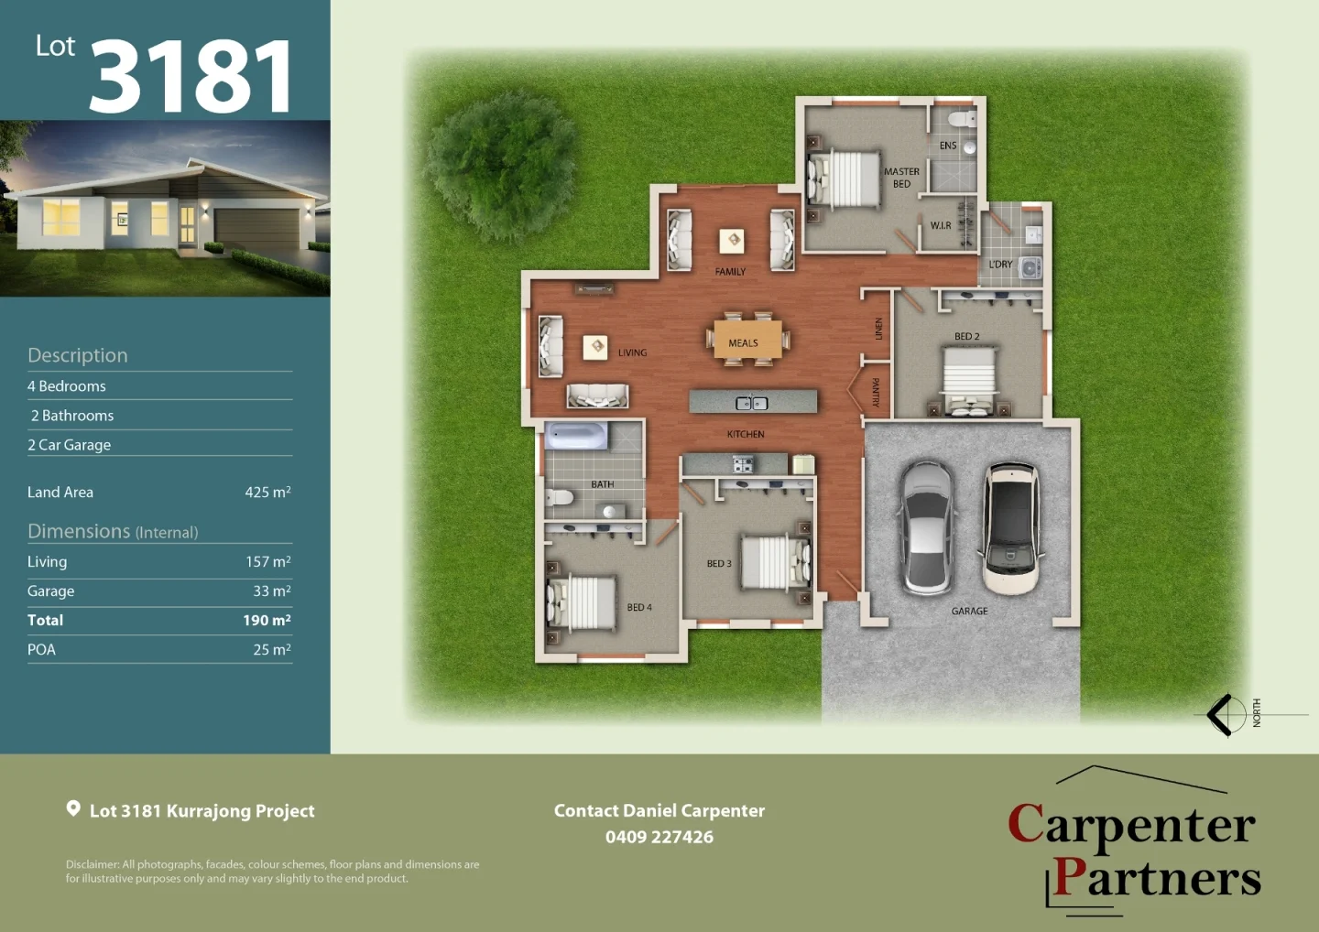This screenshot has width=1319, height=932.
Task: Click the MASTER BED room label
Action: (x=901, y=178)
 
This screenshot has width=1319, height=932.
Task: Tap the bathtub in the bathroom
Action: (x=576, y=436)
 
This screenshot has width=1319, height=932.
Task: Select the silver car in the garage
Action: (x=927, y=526)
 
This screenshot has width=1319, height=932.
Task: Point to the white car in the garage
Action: (x=1010, y=527)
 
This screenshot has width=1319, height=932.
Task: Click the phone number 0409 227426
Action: (x=659, y=837)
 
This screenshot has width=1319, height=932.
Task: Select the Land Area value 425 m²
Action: (x=267, y=493)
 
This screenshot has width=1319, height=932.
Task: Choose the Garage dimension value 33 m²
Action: (x=272, y=591)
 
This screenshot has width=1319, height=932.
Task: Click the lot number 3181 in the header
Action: (x=191, y=77)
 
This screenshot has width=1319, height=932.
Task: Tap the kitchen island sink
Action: (x=752, y=403)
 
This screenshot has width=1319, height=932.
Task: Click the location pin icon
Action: (x=73, y=808)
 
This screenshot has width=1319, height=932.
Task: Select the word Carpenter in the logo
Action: (x=1131, y=825)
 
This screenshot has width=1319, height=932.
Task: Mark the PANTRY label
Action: (x=876, y=392)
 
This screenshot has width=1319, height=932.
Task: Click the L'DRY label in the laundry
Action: (x=1000, y=265)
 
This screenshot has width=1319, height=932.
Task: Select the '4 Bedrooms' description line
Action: (x=67, y=386)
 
